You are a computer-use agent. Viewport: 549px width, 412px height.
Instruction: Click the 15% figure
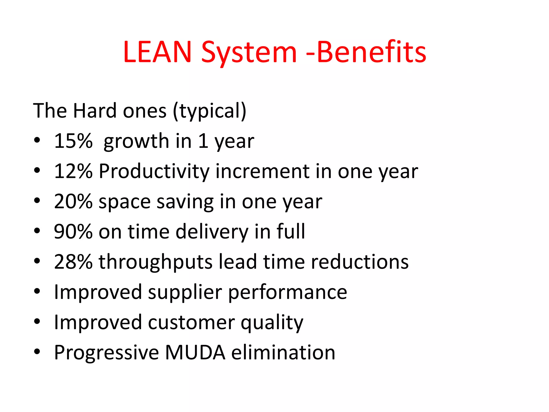[x=73, y=141]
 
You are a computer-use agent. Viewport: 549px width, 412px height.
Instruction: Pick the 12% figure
[x=73, y=171]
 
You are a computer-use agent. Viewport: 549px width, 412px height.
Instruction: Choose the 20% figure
[x=73, y=201]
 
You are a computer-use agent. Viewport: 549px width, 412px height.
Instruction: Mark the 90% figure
[x=73, y=231]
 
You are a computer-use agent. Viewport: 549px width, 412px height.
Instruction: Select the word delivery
[x=212, y=232]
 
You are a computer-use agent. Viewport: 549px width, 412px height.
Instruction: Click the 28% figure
[x=73, y=262]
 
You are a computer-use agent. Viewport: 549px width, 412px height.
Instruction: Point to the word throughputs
[x=156, y=262]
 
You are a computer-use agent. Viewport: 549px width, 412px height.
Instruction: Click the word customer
[x=191, y=322]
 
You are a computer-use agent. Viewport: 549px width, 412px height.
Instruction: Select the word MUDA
[x=195, y=352]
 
